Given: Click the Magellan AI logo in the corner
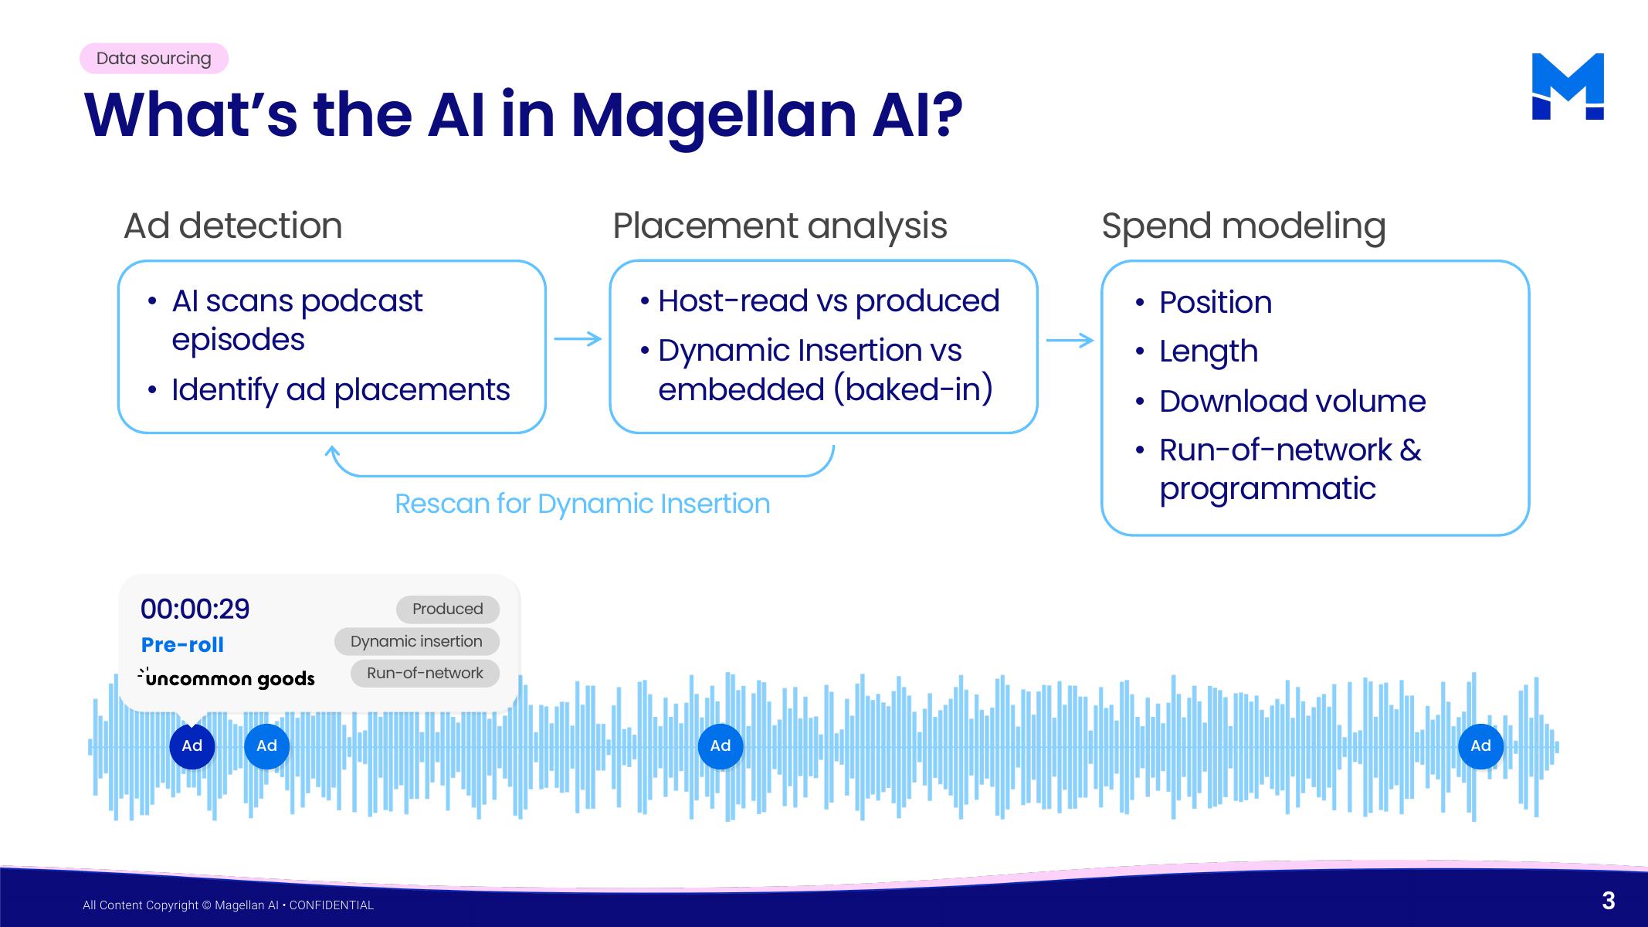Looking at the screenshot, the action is (x=1568, y=87).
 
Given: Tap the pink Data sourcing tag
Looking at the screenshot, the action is (x=154, y=59).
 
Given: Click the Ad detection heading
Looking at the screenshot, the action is (x=232, y=226).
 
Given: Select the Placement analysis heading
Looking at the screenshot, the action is (x=779, y=226).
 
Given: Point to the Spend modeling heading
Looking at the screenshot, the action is (x=1243, y=226).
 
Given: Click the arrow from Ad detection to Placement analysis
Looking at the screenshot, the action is (x=578, y=339).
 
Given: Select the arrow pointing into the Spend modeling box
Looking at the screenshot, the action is (x=1070, y=340).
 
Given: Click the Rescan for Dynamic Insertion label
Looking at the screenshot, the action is (x=582, y=504).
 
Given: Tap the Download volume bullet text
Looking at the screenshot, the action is (x=1292, y=401).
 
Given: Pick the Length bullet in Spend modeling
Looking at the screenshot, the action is (x=1209, y=351).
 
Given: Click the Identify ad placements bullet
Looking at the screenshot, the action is (x=341, y=390).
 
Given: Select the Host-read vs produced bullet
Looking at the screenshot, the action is (x=829, y=301).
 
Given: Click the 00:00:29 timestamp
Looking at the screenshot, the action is (x=195, y=609).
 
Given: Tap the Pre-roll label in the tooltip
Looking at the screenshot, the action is (x=182, y=645).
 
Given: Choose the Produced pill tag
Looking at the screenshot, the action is (x=448, y=609).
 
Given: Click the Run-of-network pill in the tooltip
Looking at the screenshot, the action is (x=425, y=673).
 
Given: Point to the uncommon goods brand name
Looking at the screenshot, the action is (x=227, y=678).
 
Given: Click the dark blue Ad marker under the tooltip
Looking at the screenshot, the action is (x=192, y=746).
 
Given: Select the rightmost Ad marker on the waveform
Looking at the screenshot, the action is (x=1480, y=746).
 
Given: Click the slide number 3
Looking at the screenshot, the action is (x=1609, y=901).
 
